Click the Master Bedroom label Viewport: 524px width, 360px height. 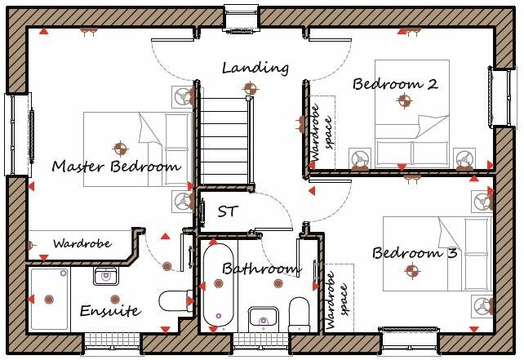click(116, 167)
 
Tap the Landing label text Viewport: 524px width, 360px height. click(255, 68)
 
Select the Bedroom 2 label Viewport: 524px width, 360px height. click(395, 83)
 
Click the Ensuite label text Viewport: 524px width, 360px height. click(109, 311)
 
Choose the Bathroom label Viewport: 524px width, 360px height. click(262, 269)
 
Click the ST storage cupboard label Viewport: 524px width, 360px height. click(228, 211)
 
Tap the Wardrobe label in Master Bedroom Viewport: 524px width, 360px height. click(82, 243)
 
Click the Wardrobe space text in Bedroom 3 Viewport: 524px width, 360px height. click(335, 298)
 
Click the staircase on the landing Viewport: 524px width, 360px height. click(224, 138)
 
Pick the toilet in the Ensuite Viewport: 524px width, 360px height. click(174, 302)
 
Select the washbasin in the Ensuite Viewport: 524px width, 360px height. click(104, 276)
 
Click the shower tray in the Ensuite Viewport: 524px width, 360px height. click(51, 300)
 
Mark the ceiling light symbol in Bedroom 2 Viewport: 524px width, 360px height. click(403, 101)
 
